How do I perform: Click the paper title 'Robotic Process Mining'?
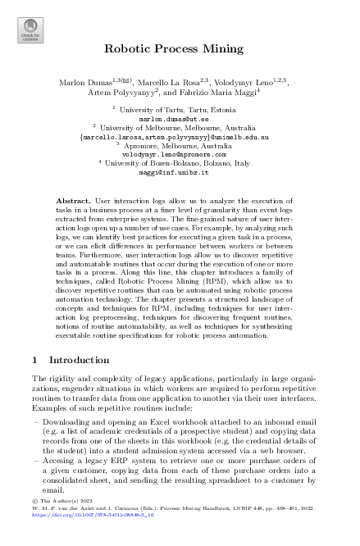(180, 49)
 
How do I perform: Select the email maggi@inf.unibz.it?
(180, 174)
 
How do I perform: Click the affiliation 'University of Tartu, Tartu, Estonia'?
(183, 109)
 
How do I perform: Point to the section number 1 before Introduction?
(32, 359)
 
